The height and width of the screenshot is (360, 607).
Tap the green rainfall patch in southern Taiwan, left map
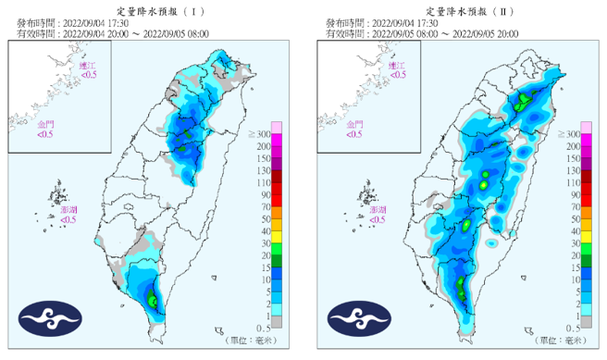tap(153, 298)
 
